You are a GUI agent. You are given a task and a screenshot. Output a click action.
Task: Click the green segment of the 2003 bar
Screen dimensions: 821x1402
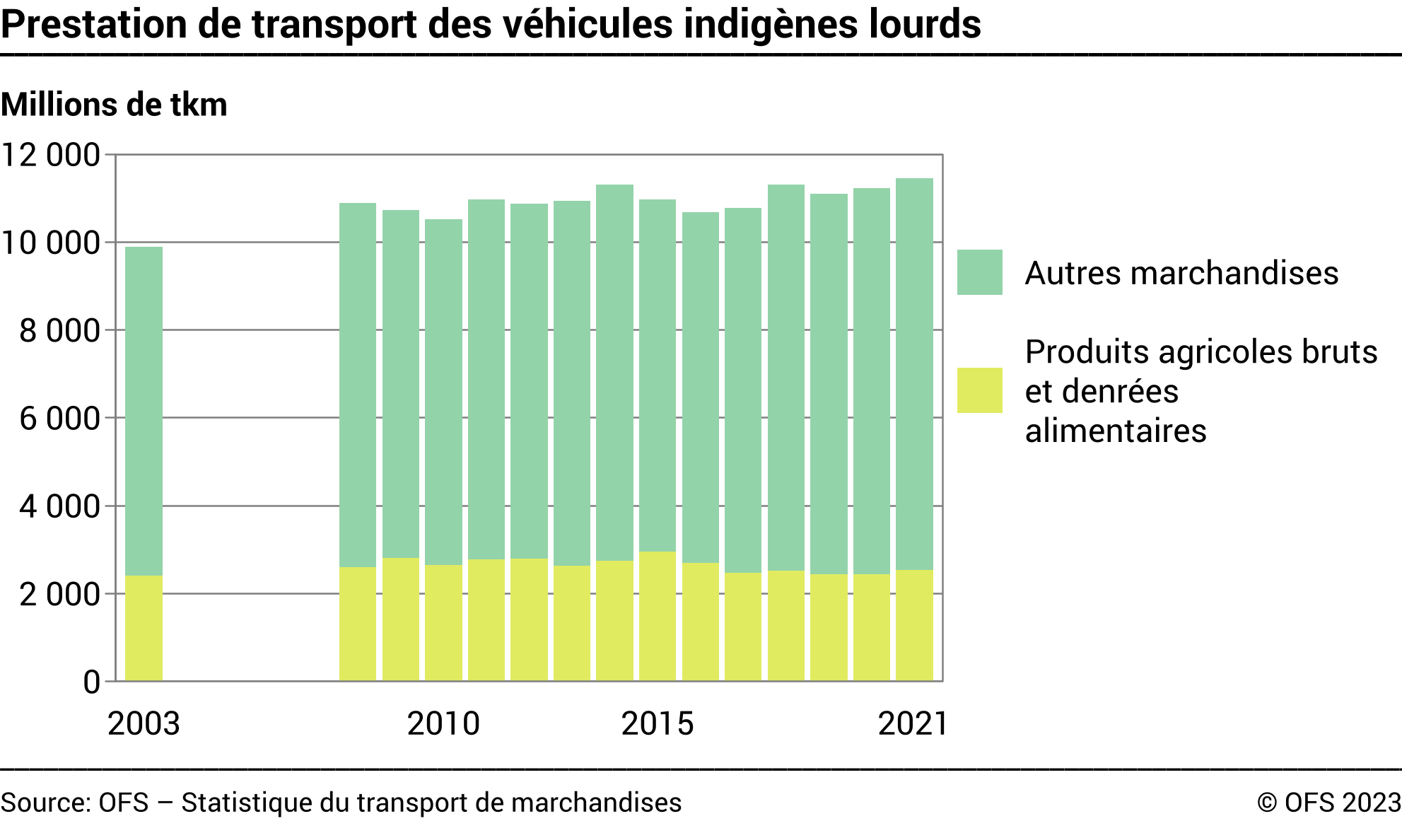coord(144,411)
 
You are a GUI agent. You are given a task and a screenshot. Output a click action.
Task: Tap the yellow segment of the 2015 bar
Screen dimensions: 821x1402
coord(658,616)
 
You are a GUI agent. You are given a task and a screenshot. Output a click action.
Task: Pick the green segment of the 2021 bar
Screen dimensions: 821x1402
coord(914,374)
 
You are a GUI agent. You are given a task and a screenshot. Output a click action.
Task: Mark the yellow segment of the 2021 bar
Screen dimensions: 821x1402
coord(914,625)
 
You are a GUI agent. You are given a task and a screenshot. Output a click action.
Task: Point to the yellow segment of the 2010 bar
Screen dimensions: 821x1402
coord(443,623)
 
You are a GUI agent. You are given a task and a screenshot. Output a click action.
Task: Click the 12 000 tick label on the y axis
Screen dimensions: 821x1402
coord(52,155)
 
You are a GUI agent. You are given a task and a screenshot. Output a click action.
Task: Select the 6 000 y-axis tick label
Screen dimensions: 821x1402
coord(59,419)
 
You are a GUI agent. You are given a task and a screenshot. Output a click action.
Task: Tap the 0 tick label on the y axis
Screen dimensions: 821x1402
coord(92,682)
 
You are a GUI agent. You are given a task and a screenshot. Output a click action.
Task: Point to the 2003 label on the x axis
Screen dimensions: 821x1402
coord(144,723)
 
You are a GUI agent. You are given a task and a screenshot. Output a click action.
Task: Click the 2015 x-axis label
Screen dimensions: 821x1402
coord(658,723)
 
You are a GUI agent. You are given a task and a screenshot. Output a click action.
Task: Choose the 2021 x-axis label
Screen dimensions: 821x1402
coord(912,723)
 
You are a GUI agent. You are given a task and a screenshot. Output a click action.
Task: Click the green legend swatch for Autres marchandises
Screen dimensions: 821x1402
coord(979,272)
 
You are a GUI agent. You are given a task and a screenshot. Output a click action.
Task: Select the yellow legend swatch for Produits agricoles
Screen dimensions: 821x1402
coord(979,390)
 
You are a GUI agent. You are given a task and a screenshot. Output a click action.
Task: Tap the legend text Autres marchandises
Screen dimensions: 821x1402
coord(1181,273)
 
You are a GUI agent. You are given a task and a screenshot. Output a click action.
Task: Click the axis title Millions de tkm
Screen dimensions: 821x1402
coord(114,105)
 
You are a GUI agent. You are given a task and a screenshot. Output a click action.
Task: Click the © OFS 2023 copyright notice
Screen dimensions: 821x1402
coord(1328,803)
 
